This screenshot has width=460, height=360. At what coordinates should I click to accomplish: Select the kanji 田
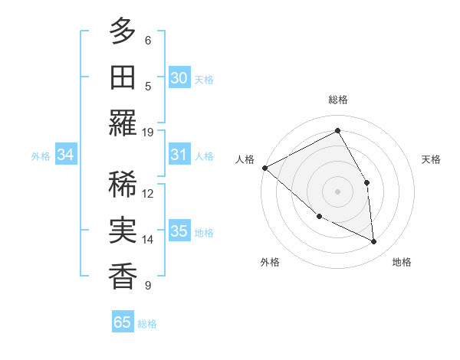123,77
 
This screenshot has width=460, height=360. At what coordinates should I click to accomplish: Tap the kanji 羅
123,123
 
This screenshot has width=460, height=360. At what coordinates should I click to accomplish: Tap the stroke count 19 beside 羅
148,132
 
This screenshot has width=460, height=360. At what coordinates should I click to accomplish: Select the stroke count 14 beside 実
148,240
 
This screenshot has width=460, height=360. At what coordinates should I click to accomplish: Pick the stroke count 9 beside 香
148,286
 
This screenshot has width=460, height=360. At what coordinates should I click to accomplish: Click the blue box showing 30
179,77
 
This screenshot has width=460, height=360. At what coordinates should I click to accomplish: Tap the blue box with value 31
179,155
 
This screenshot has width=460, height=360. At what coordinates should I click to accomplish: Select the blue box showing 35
179,231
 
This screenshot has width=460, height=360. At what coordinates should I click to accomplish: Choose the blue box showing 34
65,155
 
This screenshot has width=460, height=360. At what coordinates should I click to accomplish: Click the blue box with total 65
123,322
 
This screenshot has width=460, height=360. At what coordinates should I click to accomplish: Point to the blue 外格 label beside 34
41,155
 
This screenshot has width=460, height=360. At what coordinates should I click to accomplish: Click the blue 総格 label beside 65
147,323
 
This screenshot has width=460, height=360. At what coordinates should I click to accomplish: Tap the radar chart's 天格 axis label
432,159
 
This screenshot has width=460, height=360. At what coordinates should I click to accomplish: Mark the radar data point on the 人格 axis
264,168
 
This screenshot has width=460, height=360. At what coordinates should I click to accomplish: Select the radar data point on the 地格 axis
374,242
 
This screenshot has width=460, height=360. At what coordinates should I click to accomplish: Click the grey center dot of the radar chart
337,191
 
